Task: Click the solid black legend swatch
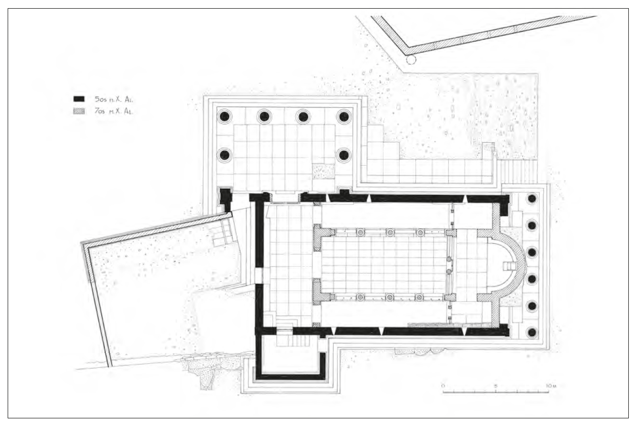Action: (79, 99)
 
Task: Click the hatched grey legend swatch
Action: (79, 110)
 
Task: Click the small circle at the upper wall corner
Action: (411, 60)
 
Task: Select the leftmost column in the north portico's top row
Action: (224, 116)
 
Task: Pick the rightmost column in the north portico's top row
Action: (344, 116)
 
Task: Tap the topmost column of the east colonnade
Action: (531, 198)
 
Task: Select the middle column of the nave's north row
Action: (390, 233)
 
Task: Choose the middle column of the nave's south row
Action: (390, 297)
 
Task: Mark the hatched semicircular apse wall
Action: (520, 265)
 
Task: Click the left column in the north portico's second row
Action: (224, 155)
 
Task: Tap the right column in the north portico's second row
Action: (344, 155)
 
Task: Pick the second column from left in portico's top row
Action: (264, 116)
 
